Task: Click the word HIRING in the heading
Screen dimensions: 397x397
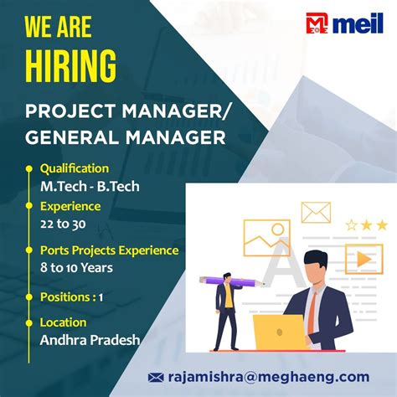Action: (70, 65)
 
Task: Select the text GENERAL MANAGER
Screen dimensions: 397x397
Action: (126, 136)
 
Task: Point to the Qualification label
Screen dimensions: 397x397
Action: (75, 168)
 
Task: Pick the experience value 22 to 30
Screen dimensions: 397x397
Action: (63, 224)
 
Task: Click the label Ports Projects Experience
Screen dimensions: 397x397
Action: (109, 250)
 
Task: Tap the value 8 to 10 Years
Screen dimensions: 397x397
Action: (76, 268)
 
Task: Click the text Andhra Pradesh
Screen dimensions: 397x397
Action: (90, 340)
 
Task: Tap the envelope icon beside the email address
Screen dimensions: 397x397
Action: (156, 377)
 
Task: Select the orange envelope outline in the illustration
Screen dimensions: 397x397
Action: (316, 212)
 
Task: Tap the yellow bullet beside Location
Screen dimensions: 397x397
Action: (30, 322)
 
